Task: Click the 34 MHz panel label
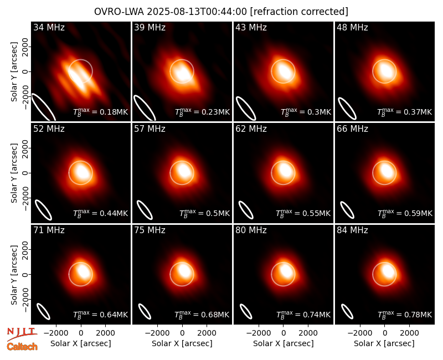pyautogui.click(x=49, y=27)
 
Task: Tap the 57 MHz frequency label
pyautogui.click(x=150, y=129)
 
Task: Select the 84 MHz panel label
pyautogui.click(x=352, y=230)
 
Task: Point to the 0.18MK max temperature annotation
pyautogui.click(x=101, y=112)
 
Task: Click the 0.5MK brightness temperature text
pyautogui.click(x=204, y=213)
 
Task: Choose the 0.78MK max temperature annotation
pyautogui.click(x=405, y=315)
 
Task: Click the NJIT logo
pyautogui.click(x=22, y=333)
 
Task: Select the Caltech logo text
pyautogui.click(x=22, y=347)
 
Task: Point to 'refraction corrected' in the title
pyautogui.click(x=299, y=12)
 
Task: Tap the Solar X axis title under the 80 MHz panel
pyautogui.click(x=283, y=343)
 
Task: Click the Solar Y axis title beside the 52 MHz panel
pyautogui.click(x=14, y=173)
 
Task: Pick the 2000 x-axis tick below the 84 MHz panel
pyautogui.click(x=409, y=333)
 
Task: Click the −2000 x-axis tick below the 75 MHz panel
pyautogui.click(x=157, y=333)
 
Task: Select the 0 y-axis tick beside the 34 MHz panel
pyautogui.click(x=25, y=71)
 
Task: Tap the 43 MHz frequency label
pyautogui.click(x=251, y=27)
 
